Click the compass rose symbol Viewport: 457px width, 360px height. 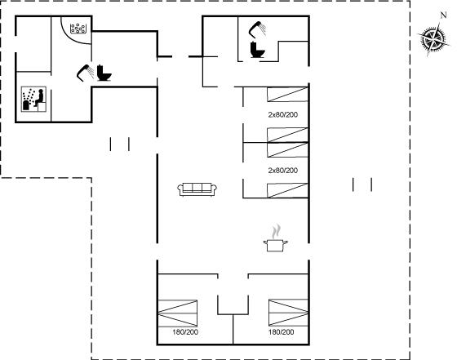433,38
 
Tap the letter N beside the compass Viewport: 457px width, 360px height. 443,16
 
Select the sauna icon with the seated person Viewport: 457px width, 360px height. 33,99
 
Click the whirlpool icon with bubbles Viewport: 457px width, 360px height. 78,29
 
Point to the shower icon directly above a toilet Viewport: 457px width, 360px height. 257,29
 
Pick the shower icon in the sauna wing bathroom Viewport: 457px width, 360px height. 86,73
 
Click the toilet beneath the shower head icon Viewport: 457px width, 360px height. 258,50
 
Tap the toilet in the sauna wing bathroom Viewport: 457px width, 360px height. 104,73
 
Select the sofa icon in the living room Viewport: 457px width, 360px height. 197,189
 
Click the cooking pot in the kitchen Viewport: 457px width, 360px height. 276,245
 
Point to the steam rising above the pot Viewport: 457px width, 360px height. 276,231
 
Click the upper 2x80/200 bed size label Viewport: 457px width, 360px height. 283,114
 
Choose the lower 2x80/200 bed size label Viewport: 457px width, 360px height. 283,171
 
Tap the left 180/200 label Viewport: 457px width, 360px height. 185,331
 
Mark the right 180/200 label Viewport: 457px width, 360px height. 282,331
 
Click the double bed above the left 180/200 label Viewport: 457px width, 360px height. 178,313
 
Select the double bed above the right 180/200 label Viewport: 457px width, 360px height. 288,313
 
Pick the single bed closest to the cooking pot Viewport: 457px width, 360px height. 287,190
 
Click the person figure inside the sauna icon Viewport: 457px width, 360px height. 39,98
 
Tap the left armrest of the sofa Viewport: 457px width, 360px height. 180,189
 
